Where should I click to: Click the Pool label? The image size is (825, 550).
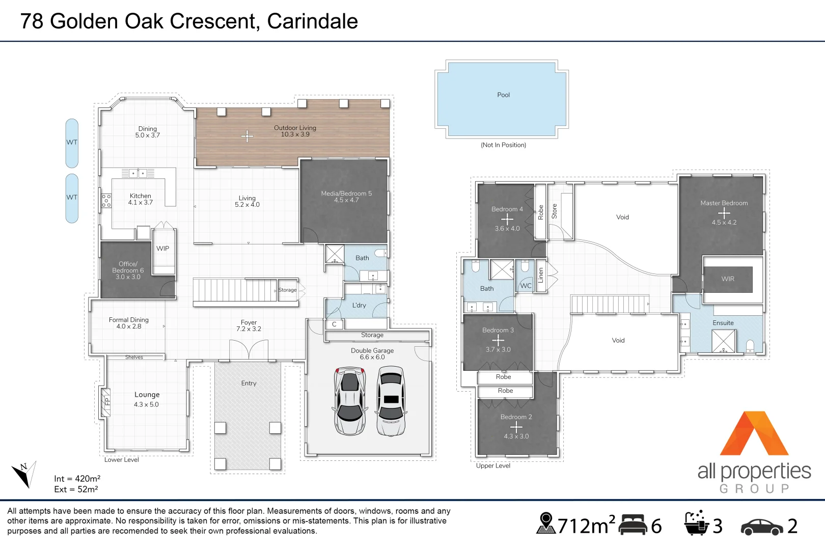503,95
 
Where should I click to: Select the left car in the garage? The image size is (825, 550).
350,401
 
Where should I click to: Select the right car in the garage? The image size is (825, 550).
391,401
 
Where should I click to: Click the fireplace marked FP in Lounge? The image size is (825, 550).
106,402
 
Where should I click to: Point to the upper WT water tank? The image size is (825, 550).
72,143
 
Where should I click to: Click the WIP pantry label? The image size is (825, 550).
163,249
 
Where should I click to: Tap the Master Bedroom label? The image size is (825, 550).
724,203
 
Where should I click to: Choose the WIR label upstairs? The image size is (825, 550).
728,279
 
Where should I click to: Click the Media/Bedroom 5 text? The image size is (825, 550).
346,194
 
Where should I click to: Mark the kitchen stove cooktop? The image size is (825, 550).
106,200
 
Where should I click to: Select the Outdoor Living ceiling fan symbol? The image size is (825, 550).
247,136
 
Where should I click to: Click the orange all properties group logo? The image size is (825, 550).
754,434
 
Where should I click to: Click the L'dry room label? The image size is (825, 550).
359,305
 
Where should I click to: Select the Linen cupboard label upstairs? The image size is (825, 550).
541,276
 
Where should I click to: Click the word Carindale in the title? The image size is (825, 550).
312,21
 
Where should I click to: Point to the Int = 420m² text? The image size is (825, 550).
77,479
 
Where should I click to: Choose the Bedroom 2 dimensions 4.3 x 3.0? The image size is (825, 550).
516,436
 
